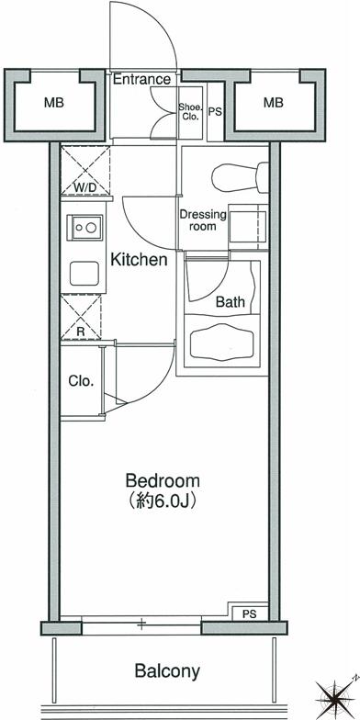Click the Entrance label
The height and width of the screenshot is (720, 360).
[x=141, y=79]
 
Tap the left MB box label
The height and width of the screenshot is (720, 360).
[x=53, y=103]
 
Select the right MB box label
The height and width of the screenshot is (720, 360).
[x=274, y=103]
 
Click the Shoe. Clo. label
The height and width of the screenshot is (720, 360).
[x=190, y=112]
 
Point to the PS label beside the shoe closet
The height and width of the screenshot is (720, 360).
[x=215, y=112]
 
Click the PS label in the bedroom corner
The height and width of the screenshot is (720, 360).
[x=250, y=614]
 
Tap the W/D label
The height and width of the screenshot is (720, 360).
[x=85, y=187]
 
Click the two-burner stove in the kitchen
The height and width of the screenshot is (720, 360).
[x=84, y=228]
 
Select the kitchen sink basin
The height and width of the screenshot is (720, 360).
[x=84, y=274]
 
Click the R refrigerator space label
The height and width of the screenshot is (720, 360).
[x=81, y=330]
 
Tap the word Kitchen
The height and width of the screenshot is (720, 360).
[x=140, y=260]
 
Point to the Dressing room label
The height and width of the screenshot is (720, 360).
[x=203, y=220]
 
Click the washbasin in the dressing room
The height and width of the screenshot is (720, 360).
[x=248, y=227]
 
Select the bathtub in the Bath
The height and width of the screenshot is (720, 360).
[x=222, y=342]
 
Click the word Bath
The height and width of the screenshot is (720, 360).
[x=230, y=301]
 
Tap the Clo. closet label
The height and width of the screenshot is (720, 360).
[x=81, y=380]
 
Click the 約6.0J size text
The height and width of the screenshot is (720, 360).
[x=163, y=501]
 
